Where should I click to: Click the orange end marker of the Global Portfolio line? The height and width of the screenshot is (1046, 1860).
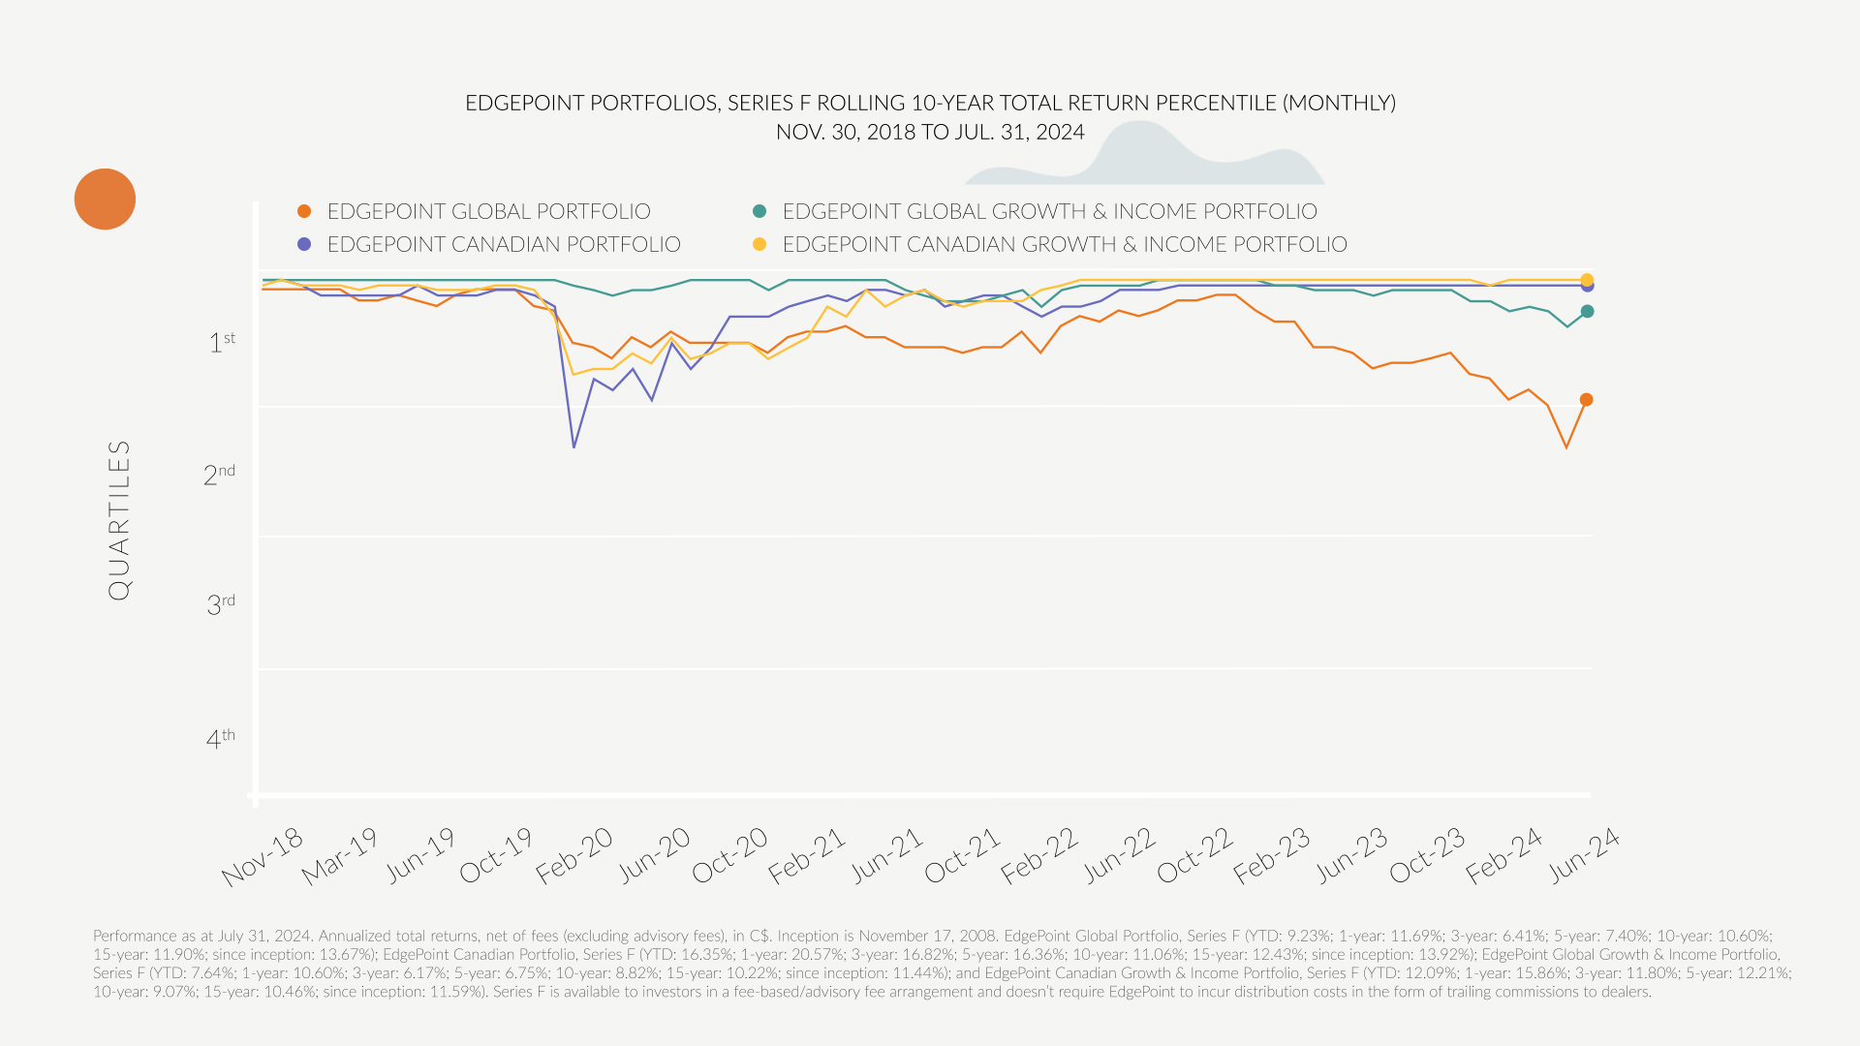point(1586,400)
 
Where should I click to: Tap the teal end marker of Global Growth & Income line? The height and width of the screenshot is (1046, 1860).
point(1587,312)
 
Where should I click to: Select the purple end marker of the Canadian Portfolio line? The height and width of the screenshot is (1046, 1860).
point(1588,287)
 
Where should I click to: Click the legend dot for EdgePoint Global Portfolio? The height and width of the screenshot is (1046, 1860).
point(304,211)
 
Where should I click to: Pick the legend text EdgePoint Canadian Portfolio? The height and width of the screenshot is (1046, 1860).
point(504,244)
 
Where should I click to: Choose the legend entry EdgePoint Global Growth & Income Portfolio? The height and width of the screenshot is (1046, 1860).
point(1049,211)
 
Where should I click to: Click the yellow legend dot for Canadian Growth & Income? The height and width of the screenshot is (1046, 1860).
point(759,244)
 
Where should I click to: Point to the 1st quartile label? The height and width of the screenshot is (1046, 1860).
point(222,342)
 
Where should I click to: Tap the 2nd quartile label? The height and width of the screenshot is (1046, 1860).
point(219,475)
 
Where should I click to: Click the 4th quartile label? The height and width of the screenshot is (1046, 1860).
point(221,739)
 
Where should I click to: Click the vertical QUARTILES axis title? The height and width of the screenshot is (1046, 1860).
point(119,520)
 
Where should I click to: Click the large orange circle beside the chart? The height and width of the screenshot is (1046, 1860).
point(105,200)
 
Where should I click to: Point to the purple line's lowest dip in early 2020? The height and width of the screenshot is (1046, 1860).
point(573,446)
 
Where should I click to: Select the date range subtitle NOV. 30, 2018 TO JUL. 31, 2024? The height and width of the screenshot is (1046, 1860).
point(930,133)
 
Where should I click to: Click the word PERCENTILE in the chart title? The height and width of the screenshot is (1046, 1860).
point(1138,103)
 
